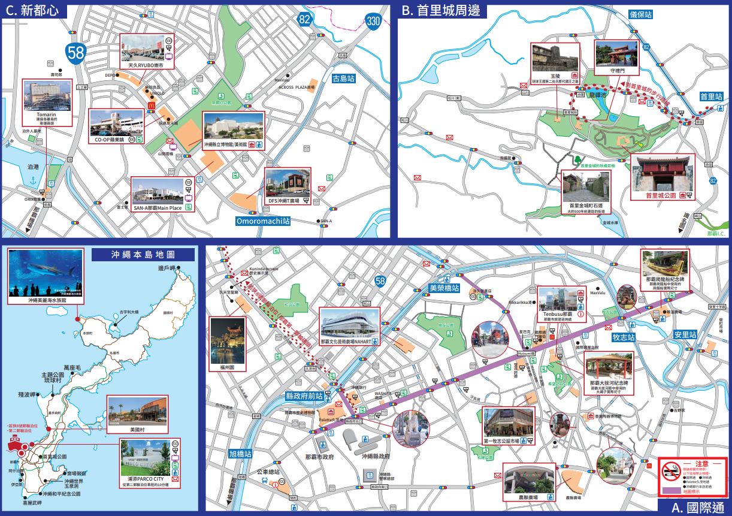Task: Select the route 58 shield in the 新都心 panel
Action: tap(75, 52)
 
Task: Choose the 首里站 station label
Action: tap(711, 96)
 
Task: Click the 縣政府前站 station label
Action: tap(304, 396)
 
